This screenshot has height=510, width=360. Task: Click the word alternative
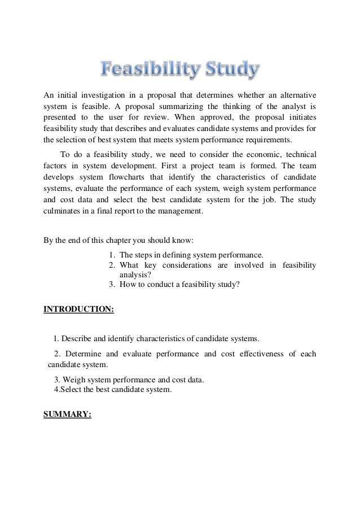[295, 93]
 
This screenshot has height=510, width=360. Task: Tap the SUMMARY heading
[68, 414]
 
